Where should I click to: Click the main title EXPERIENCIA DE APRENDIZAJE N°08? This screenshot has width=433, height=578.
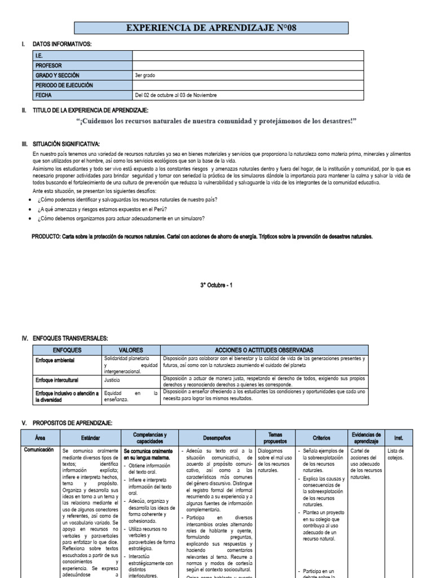[x=211, y=28]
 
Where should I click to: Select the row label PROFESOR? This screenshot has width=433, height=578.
[x=49, y=65]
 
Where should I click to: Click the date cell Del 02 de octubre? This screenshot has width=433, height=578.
[x=175, y=95]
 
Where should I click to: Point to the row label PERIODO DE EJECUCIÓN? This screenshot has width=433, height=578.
[x=64, y=85]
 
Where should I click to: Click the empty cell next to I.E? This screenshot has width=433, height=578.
[x=248, y=55]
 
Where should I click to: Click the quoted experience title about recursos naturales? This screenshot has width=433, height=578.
[x=216, y=121]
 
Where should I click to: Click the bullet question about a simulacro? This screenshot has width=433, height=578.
[x=121, y=218]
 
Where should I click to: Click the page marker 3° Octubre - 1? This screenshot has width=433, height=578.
[x=216, y=285]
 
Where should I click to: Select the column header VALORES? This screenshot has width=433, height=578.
[x=130, y=350]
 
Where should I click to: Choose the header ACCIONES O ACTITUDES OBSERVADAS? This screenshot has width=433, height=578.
[x=264, y=350]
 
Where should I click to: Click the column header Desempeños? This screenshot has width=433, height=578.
[x=217, y=437]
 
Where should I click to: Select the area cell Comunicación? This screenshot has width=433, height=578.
[x=39, y=450]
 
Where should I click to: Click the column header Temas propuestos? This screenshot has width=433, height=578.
[x=275, y=437]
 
